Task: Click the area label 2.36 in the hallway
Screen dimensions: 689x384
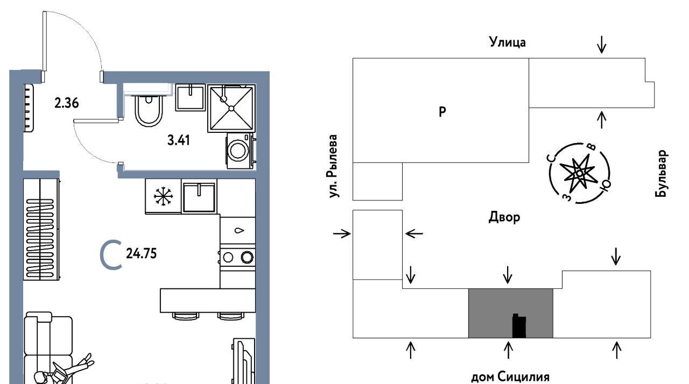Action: pos(66,103)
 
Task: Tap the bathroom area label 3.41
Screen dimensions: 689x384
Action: pos(178,140)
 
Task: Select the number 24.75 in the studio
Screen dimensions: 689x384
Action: pos(141,254)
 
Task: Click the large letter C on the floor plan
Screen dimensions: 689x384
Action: pos(111,255)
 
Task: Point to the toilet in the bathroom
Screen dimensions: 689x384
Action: pos(149,111)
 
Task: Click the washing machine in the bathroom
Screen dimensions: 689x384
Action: pos(240,151)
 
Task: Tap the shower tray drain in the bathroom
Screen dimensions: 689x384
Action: pos(231,109)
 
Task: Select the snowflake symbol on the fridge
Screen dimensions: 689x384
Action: pos(163,196)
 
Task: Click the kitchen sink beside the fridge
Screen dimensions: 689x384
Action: pos(199,197)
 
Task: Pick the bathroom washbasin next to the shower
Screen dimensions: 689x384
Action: pos(191,97)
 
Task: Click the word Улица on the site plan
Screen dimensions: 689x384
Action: pos(507,42)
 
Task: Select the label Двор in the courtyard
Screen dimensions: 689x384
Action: pos(504,217)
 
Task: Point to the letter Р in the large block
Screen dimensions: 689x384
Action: pos(442,112)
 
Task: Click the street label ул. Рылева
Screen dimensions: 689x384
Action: pos(333,166)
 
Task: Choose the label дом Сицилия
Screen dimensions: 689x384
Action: pos(510,377)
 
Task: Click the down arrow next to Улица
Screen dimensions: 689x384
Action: pos(602,45)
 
